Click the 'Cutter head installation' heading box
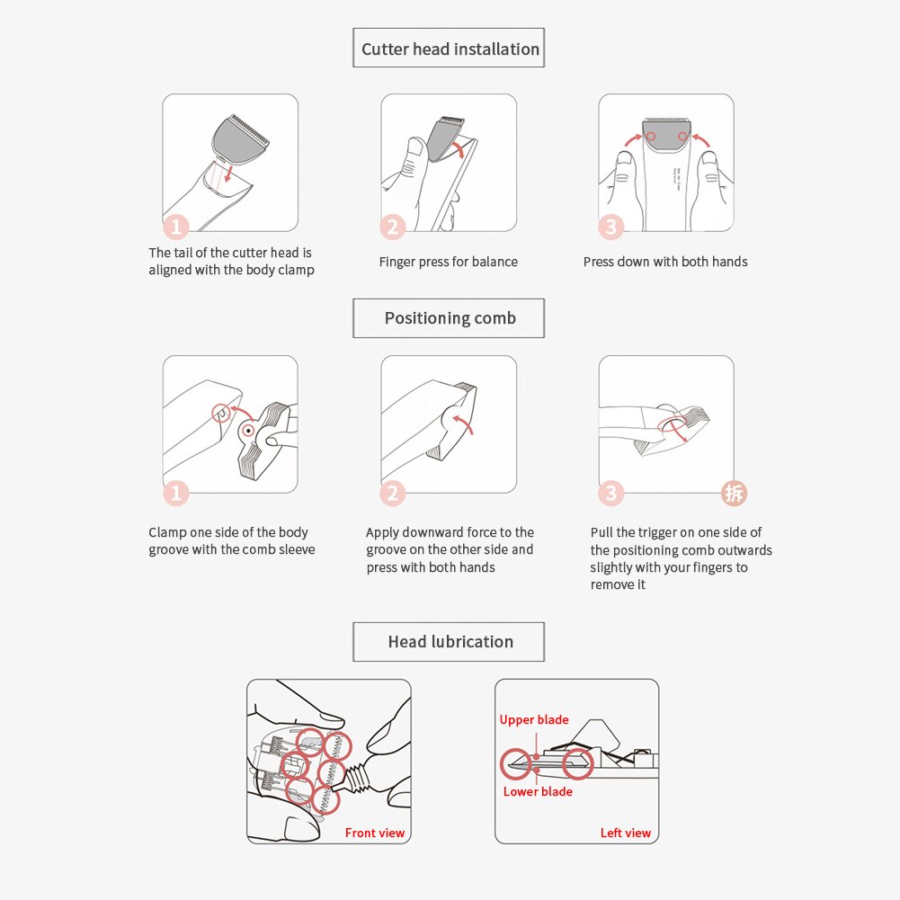click(449, 48)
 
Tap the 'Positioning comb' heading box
click(449, 318)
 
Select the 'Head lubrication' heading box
click(449, 642)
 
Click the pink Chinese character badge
click(735, 493)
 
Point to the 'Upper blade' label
click(534, 720)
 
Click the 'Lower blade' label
click(538, 791)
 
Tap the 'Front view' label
click(375, 833)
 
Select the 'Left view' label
click(626, 833)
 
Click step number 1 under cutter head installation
click(175, 227)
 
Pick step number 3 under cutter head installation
click(610, 227)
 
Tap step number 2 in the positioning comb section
click(393, 493)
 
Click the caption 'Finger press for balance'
click(449, 262)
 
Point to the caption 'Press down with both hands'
click(665, 262)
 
